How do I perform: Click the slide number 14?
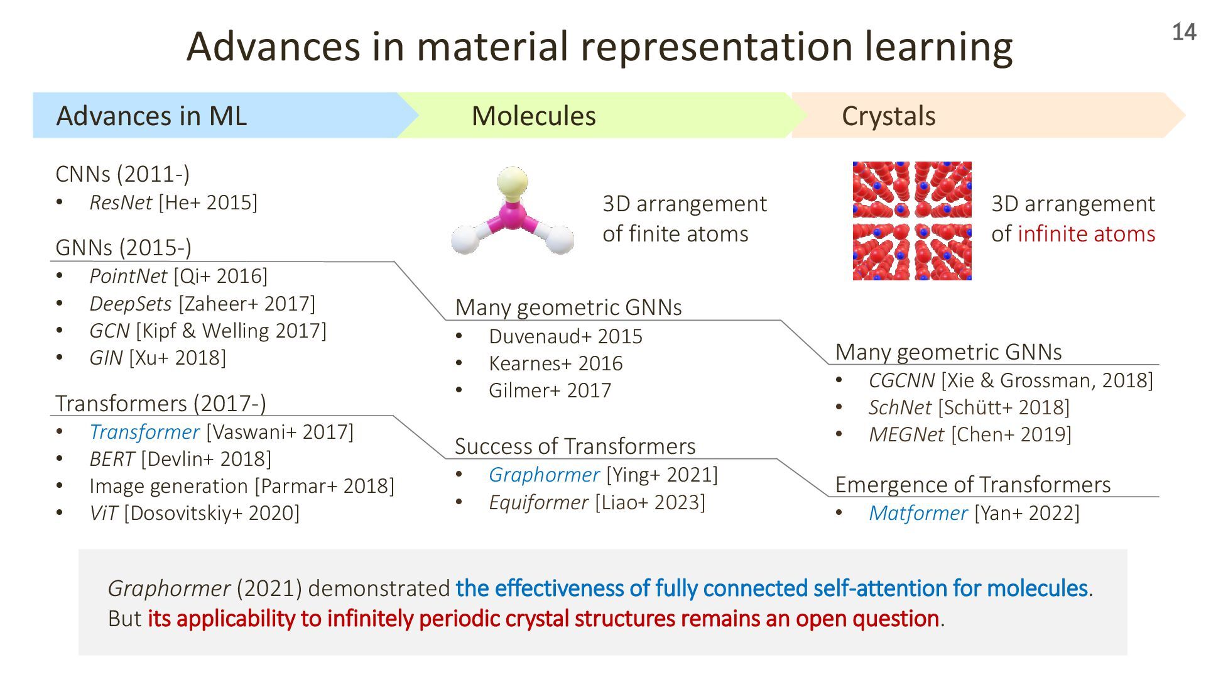click(1183, 33)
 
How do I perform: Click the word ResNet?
click(121, 202)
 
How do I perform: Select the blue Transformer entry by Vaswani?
click(144, 432)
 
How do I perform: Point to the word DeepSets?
click(131, 304)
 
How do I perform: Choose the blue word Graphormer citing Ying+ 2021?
click(544, 475)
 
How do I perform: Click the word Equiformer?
click(538, 502)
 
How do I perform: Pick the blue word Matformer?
click(918, 513)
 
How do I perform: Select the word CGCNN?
click(901, 380)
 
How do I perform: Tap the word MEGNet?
click(906, 434)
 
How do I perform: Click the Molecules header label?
click(533, 116)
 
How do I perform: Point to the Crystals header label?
click(888, 116)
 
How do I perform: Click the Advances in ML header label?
click(151, 116)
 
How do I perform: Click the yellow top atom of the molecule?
click(513, 183)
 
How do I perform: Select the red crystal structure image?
click(911, 221)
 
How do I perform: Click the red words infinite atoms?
click(1086, 234)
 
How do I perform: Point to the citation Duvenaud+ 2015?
click(565, 336)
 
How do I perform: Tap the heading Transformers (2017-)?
click(161, 403)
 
